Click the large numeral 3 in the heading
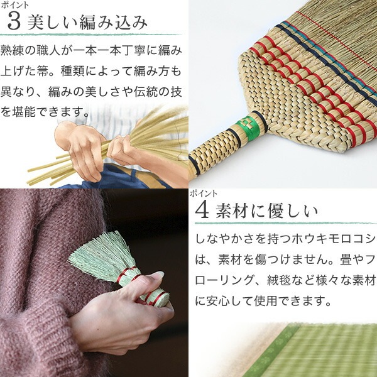[x=14, y=22]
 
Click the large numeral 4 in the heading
[x=202, y=210]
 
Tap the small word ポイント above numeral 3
[x=15, y=5]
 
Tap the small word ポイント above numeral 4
[x=204, y=194]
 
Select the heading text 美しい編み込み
[x=87, y=23]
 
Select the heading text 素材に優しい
[x=266, y=210]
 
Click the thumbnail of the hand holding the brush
[x=94, y=283]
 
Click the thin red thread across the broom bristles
[x=337, y=38]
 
